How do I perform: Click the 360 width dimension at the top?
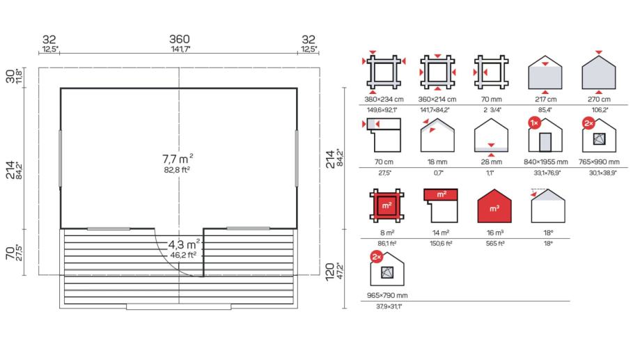click(x=180, y=39)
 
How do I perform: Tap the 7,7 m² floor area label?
click(x=178, y=159)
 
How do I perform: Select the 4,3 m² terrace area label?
click(x=184, y=244)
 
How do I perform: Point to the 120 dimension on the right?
click(x=330, y=272)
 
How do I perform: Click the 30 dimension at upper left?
click(x=10, y=76)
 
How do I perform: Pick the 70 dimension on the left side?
click(x=10, y=253)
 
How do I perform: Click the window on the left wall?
click(x=61, y=159)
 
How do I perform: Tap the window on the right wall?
click(x=297, y=159)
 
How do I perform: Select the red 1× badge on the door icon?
click(x=534, y=123)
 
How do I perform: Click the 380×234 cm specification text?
click(x=384, y=99)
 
